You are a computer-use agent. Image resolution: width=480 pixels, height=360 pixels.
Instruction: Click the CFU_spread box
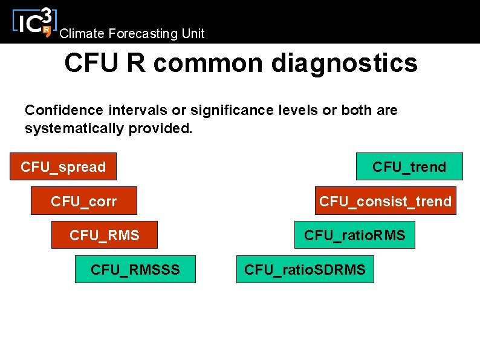click(63, 166)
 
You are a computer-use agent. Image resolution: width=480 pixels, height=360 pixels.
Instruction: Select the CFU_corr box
click(84, 201)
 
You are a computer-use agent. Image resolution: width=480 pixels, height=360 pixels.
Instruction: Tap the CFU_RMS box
click(104, 235)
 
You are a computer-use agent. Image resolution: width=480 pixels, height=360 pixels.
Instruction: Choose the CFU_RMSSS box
click(135, 269)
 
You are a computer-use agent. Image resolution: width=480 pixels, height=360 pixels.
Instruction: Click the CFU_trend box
click(409, 166)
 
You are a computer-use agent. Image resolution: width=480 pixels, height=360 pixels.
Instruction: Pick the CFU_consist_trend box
click(385, 201)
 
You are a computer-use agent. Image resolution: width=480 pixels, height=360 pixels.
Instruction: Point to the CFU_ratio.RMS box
click(354, 235)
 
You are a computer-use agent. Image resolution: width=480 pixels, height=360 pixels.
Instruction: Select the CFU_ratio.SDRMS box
click(305, 269)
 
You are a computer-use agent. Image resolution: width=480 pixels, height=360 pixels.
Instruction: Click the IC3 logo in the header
click(33, 22)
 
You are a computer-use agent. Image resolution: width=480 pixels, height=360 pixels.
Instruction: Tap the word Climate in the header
click(78, 34)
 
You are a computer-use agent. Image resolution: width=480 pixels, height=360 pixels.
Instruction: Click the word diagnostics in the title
click(344, 63)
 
